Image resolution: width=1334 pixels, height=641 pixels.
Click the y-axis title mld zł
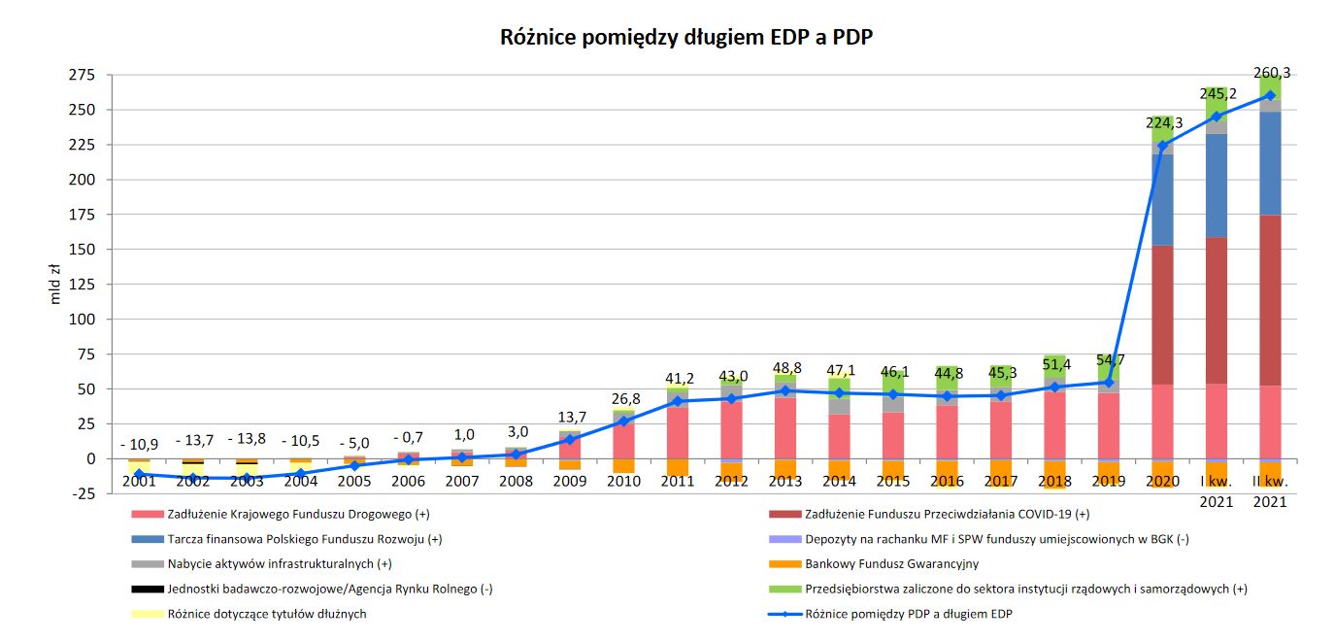[55, 283]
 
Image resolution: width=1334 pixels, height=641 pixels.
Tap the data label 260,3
[1272, 73]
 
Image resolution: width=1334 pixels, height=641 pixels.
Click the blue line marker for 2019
[1107, 383]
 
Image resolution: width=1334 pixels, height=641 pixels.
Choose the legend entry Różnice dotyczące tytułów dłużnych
[267, 614]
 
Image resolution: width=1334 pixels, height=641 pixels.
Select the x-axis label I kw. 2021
[1216, 490]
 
